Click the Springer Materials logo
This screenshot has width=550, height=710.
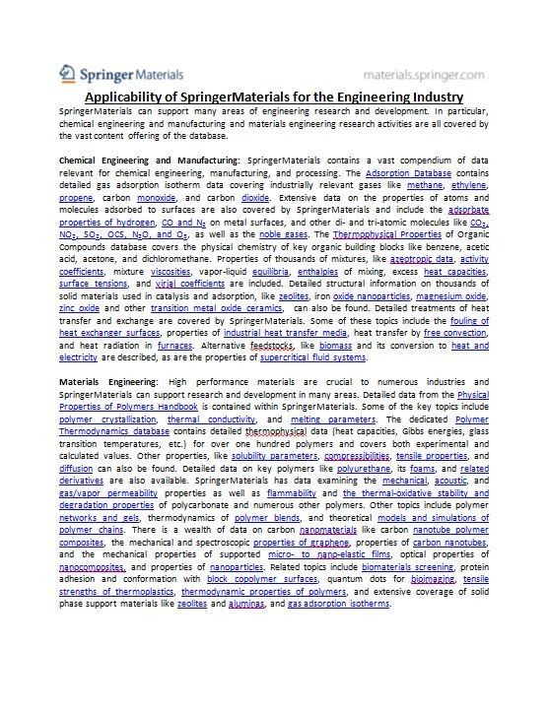tap(116, 74)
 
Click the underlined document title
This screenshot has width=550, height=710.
tap(274, 97)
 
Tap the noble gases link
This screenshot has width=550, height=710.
tap(285, 235)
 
